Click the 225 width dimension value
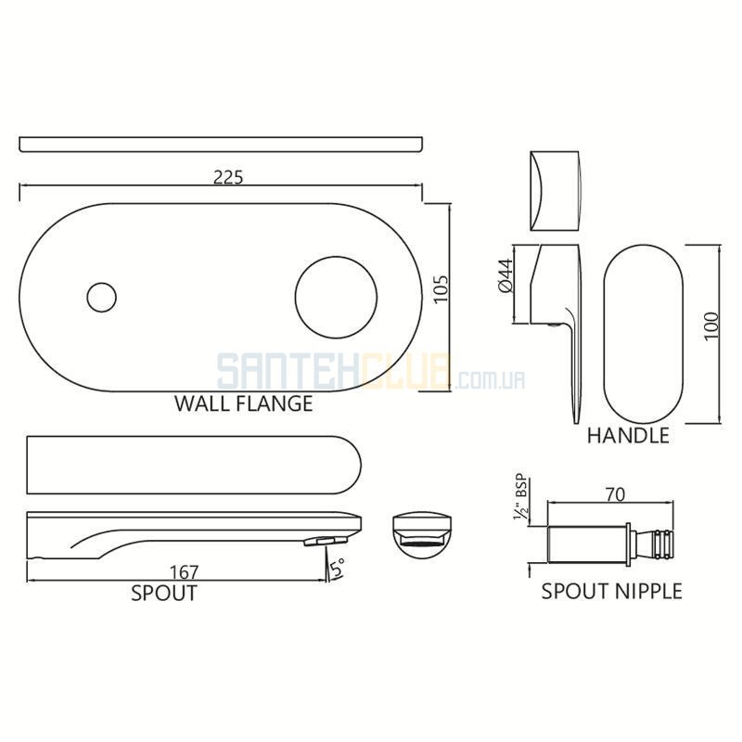point(228,177)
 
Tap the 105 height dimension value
point(441,289)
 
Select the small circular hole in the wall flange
point(102,297)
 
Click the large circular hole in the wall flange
point(336,298)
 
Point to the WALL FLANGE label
point(244,403)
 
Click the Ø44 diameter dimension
point(505,275)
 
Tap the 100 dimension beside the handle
point(710,326)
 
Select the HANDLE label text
point(628,435)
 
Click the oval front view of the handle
point(643,335)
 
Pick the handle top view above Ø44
point(555,191)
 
